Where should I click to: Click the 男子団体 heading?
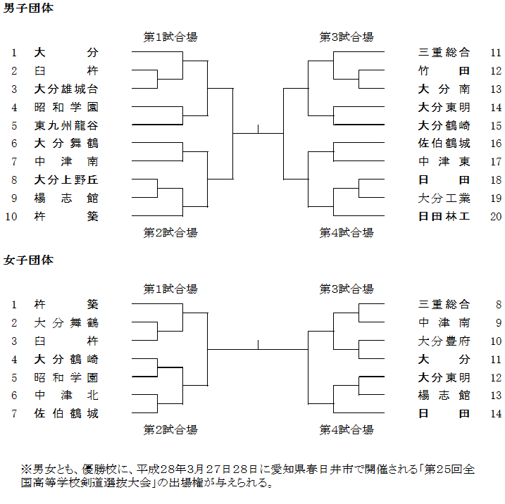(x=28, y=9)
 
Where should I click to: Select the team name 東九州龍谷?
(x=66, y=125)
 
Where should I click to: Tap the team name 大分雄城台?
(x=66, y=89)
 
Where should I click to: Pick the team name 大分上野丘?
(x=66, y=179)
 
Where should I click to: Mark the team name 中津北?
(x=66, y=396)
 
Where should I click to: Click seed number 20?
(x=496, y=216)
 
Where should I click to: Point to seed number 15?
(x=496, y=125)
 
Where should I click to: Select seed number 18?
(x=496, y=179)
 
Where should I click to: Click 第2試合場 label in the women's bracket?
(x=170, y=429)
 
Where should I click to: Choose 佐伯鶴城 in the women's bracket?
(x=66, y=414)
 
